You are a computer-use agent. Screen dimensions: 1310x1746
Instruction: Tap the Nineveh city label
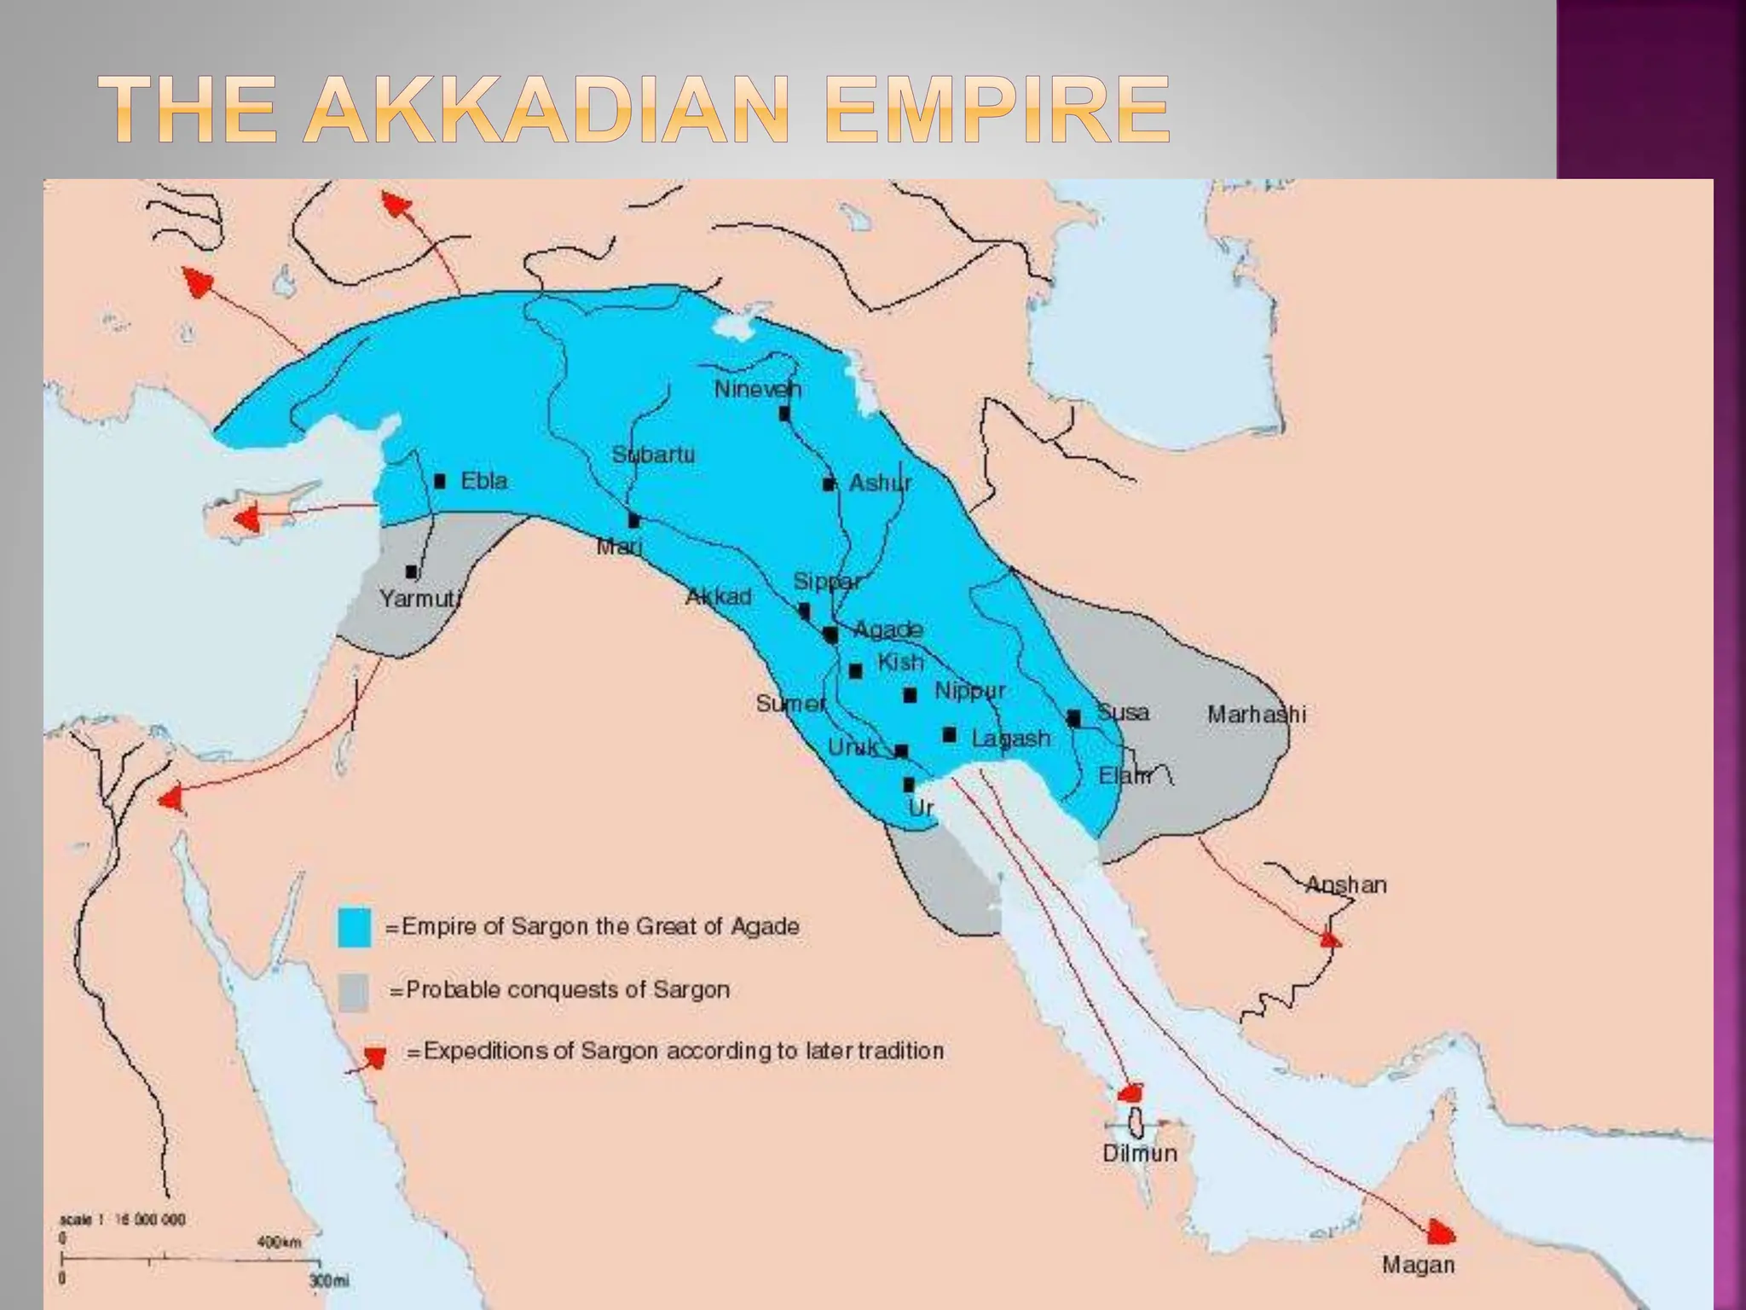point(757,390)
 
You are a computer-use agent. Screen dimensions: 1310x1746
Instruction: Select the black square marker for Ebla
point(440,481)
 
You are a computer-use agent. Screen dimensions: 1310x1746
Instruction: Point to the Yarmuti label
point(419,599)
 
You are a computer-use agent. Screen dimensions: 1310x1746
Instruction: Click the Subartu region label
point(653,455)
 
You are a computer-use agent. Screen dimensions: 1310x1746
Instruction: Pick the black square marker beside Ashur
point(828,484)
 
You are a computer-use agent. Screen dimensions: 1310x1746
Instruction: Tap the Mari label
point(618,547)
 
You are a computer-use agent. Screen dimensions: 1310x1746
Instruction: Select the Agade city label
point(887,629)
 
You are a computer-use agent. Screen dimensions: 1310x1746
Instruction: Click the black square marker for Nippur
point(910,695)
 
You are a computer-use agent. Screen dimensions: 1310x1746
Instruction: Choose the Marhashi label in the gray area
point(1256,714)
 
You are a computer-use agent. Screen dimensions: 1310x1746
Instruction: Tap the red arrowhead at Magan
point(1441,1232)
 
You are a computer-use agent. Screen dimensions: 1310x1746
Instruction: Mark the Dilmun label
point(1139,1153)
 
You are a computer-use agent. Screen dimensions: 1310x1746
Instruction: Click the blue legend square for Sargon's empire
point(355,928)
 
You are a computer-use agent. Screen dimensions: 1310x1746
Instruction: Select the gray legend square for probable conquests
point(354,991)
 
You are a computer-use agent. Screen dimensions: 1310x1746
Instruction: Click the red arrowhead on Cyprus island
point(248,519)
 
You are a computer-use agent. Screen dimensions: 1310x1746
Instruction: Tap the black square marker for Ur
point(909,785)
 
